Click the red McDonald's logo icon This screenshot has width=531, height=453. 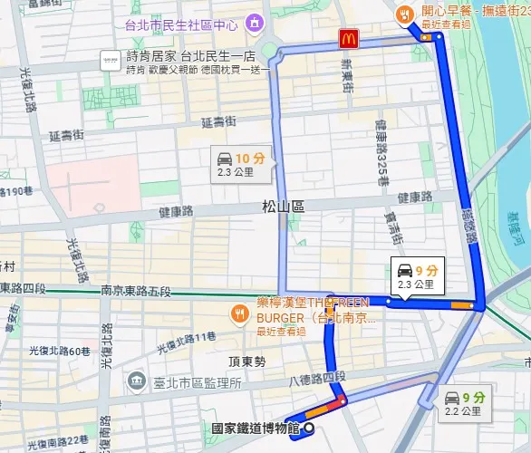pyautogui.click(x=348, y=38)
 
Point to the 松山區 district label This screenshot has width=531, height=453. pyautogui.click(x=283, y=207)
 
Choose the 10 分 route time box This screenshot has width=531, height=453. pyautogui.click(x=241, y=162)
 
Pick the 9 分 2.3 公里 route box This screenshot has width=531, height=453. pyautogui.click(x=416, y=275)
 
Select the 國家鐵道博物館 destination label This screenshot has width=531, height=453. pyautogui.click(x=254, y=429)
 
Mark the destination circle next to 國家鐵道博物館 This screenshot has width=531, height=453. pyautogui.click(x=310, y=429)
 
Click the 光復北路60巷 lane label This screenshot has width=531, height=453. pyautogui.click(x=59, y=351)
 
